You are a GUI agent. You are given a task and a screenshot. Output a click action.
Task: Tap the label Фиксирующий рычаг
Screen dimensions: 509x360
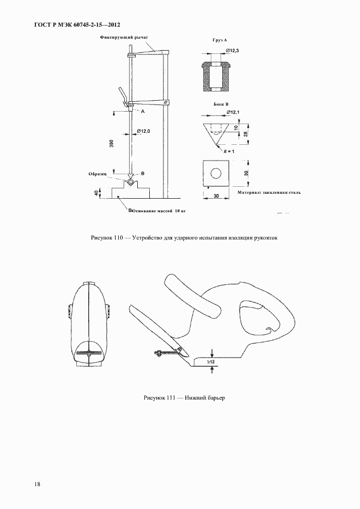point(124,38)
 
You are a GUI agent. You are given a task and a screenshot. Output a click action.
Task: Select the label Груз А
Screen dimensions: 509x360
point(219,41)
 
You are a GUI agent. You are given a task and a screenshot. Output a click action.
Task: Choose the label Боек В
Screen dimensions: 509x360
point(220,103)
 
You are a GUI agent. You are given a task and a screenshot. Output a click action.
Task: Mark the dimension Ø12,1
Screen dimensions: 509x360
point(232,113)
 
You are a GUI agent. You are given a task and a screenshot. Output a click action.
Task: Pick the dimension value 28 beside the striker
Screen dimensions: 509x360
point(246,133)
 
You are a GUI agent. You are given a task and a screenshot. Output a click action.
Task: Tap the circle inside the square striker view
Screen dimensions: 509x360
point(216,173)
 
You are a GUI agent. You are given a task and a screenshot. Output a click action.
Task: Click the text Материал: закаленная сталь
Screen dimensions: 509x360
point(269,192)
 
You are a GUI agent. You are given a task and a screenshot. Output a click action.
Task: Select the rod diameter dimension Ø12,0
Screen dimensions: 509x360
point(144,131)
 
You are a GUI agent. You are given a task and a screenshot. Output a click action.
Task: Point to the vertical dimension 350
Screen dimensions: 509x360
point(111,143)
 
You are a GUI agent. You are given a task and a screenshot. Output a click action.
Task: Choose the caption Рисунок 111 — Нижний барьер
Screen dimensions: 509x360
point(184,398)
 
